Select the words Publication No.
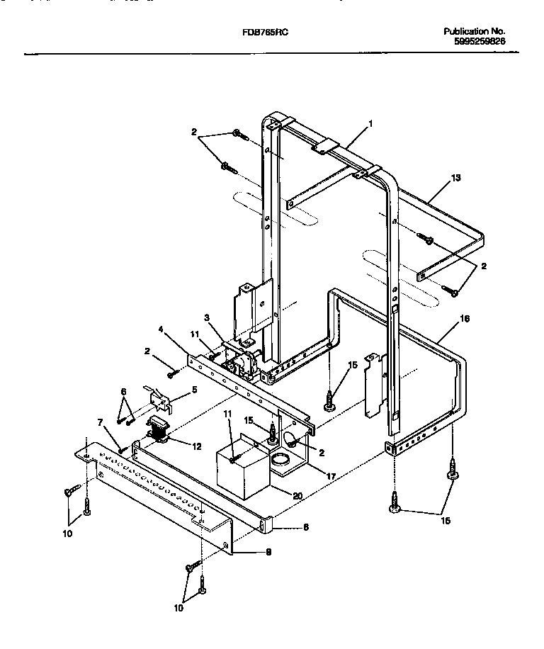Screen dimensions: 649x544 (x=474, y=32)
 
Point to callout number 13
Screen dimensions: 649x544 (x=455, y=178)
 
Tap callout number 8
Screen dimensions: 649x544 (x=286, y=528)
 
